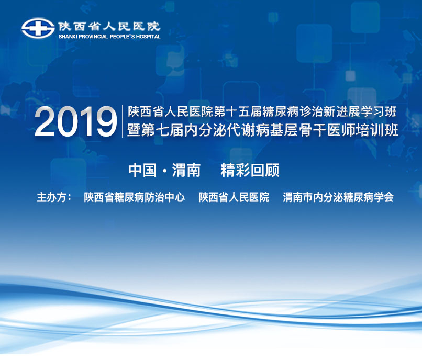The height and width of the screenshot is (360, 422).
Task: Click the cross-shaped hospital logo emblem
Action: pos(38,28)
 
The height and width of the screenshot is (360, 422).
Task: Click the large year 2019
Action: pos(75,122)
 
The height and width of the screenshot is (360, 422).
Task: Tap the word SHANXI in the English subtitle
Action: pos(68,37)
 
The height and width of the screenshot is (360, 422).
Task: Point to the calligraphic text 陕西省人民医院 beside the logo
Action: pos(109,26)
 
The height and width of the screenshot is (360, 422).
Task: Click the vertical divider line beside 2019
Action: pos(123,121)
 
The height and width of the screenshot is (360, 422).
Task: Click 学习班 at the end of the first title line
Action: pos(379,111)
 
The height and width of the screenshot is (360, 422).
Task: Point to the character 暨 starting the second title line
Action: pos(134,130)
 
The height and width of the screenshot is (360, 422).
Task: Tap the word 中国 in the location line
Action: pos(142,170)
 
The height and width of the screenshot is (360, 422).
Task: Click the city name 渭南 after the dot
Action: pos(186,170)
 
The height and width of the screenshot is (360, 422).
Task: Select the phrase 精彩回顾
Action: pos(250,170)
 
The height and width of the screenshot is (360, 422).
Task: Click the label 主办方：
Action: pos(54,197)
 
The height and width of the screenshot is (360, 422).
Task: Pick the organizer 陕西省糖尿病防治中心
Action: pos(135,197)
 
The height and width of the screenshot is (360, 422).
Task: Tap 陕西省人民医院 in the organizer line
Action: pos(234,197)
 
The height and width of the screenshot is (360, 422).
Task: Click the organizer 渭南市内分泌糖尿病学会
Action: pos(338,197)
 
